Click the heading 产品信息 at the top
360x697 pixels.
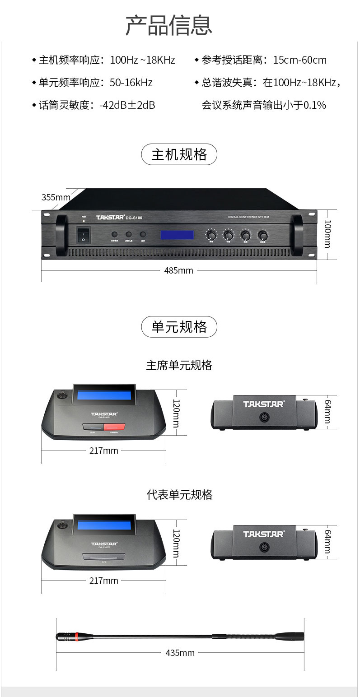click(x=168, y=25)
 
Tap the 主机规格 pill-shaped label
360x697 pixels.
click(x=179, y=154)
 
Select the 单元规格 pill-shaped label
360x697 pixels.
click(x=179, y=327)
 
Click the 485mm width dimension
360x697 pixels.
click(x=178, y=270)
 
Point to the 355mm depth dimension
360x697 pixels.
click(x=56, y=197)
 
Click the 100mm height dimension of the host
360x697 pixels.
click(x=328, y=234)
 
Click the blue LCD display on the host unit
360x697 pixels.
click(x=177, y=235)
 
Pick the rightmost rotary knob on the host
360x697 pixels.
click(x=262, y=235)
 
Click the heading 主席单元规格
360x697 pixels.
click(x=179, y=365)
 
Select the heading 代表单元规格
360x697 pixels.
click(x=179, y=495)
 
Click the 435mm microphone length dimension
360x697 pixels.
click(x=180, y=653)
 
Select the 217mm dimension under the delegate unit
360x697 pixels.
click(x=103, y=581)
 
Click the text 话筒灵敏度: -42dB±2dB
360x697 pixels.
click(x=97, y=105)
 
